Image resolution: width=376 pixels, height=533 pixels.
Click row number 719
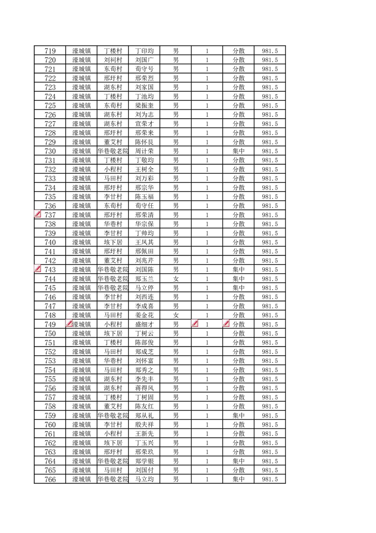(50, 51)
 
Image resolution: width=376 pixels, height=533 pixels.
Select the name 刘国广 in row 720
(144, 60)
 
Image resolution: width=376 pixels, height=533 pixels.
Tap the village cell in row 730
(113, 151)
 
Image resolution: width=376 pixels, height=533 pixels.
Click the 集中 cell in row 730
(238, 151)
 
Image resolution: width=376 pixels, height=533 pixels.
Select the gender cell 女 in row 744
(175, 279)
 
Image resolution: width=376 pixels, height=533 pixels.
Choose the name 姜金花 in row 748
(144, 315)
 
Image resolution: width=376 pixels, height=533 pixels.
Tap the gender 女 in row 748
(175, 315)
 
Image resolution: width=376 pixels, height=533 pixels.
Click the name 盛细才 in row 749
(144, 324)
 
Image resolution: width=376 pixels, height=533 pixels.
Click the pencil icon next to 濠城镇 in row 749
(69, 324)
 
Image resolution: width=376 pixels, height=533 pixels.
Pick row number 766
(50, 479)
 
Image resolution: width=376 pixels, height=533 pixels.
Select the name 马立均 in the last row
(144, 479)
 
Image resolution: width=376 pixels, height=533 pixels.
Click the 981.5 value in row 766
(270, 479)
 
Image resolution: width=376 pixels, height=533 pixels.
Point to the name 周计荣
(144, 151)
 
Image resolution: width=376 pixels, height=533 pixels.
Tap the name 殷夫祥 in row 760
(144, 425)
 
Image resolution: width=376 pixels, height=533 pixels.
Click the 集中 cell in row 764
(238, 461)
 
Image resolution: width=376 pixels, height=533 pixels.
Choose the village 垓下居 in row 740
(113, 242)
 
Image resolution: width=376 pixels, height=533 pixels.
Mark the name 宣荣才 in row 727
(144, 124)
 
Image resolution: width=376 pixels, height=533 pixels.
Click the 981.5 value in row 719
(270, 51)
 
